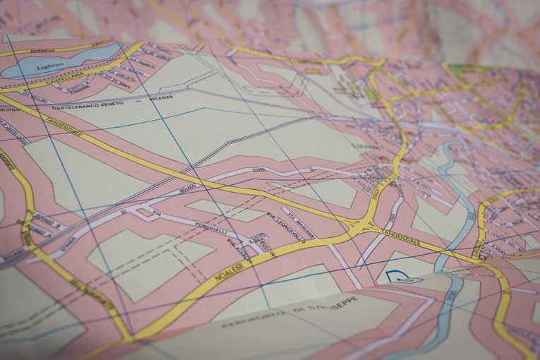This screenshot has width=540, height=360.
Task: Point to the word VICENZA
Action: pos(161,97)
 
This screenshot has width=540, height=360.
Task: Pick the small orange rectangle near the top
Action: pos(311,71)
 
